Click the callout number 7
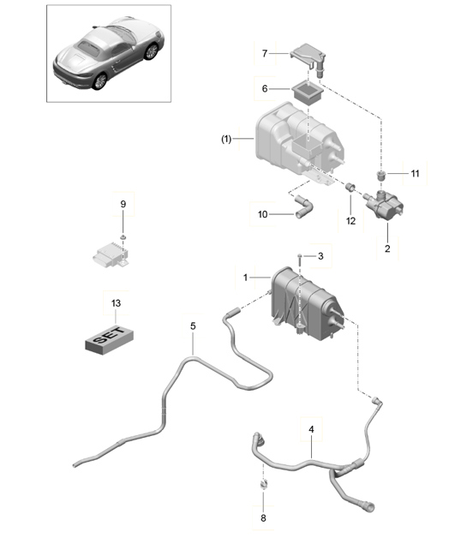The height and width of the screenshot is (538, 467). pyautogui.click(x=265, y=53)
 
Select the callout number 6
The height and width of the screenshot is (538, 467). pyautogui.click(x=265, y=87)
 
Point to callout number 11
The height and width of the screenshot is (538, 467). pyautogui.click(x=415, y=173)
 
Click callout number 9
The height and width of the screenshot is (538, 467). pyautogui.click(x=123, y=204)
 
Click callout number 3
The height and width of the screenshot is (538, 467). pyautogui.click(x=320, y=256)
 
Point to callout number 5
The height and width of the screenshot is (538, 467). pyautogui.click(x=193, y=326)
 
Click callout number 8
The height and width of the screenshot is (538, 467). pyautogui.click(x=264, y=518)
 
